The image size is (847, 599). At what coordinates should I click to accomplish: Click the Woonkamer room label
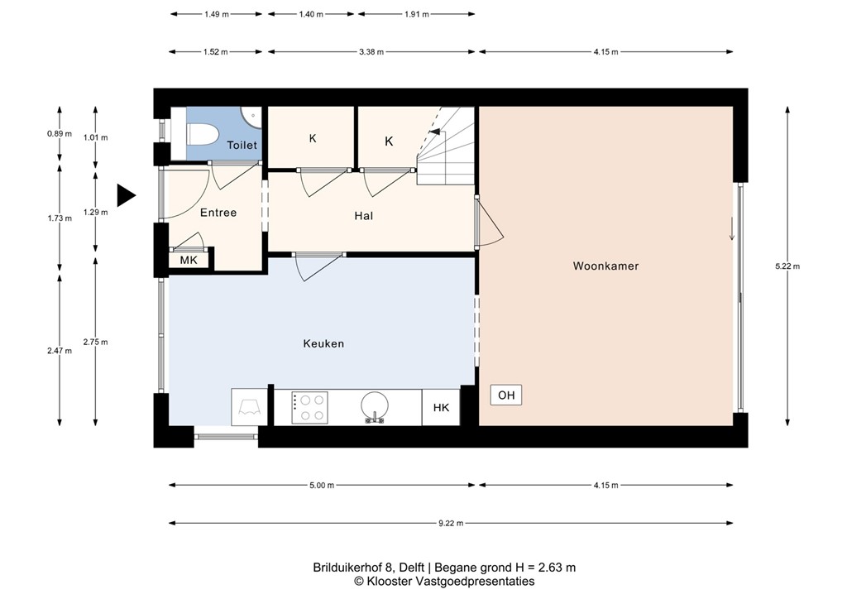coord(605,266)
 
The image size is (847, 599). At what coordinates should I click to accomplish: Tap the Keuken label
coord(323,343)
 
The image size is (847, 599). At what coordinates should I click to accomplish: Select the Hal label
coord(363,216)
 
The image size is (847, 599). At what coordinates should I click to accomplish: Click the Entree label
coord(218,213)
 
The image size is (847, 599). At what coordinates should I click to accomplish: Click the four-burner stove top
coord(309,407)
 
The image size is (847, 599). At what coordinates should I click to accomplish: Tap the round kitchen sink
coord(375,405)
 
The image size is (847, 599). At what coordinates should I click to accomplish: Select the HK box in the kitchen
coord(441,407)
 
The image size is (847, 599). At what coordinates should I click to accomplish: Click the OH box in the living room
coord(506,395)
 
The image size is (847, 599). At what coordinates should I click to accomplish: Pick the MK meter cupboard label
coord(189,261)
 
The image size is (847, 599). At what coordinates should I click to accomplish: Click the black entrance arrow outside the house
coord(125,195)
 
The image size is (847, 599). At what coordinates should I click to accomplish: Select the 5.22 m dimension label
coord(787,266)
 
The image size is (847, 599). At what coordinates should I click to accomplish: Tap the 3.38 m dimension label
coord(371,52)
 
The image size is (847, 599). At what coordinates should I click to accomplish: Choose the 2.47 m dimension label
coord(60,351)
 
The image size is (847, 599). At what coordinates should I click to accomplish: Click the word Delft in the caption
coord(411,568)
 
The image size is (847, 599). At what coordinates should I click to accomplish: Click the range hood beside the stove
coord(249,406)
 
